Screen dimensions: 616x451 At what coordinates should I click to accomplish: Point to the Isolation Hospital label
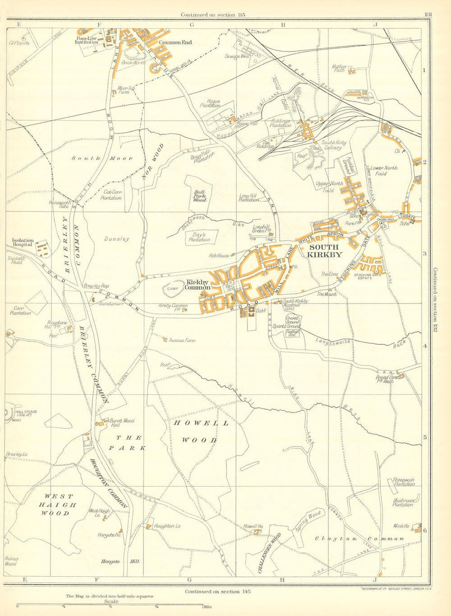pos(23,243)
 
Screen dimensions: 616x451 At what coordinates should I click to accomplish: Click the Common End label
pos(175,42)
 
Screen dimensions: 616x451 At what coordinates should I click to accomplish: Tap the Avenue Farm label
pos(182,340)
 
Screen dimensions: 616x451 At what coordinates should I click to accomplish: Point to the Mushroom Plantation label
pos(403,502)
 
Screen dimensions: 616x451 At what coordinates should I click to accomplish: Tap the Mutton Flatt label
pos(339,69)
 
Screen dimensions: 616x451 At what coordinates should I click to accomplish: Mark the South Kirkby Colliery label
pos(334,145)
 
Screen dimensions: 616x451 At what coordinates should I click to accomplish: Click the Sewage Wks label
pos(236,56)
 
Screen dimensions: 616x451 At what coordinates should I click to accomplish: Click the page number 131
pos(428,14)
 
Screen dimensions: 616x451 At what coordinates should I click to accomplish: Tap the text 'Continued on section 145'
pos(217,591)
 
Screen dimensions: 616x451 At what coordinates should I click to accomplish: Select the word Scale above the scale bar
pos(111,601)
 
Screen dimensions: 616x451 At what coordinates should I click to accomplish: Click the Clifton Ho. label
pos(19,43)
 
